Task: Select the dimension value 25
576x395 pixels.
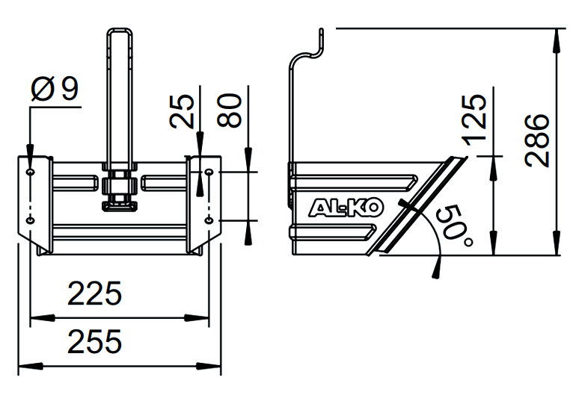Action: pos(185,111)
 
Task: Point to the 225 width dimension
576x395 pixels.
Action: pos(94,293)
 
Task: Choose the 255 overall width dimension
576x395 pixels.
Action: pos(94,342)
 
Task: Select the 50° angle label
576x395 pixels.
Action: pos(454,225)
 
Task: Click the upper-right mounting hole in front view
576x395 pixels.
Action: pos(209,172)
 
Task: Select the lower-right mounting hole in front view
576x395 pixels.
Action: pos(209,220)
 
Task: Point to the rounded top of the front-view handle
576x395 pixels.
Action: pos(120,31)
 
